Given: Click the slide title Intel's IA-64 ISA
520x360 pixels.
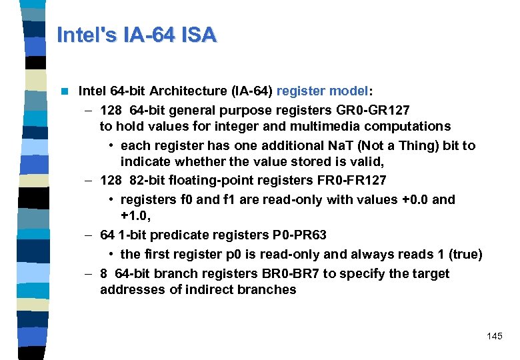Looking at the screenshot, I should (137, 35).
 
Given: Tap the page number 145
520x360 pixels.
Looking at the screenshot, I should (495, 336).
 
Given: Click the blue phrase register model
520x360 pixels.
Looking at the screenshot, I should (322, 91).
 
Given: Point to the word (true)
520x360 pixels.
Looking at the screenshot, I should (465, 254).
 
